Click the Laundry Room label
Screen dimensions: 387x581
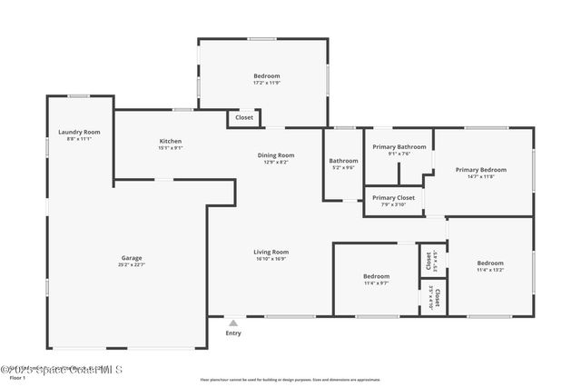coord(79,132)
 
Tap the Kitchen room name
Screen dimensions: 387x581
coord(171,141)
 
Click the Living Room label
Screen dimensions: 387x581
coord(271,252)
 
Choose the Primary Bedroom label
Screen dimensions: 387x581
coord(480,169)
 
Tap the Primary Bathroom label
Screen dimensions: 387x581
coord(399,146)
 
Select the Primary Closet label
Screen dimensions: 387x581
coord(393,197)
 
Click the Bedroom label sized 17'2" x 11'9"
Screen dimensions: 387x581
coord(266,75)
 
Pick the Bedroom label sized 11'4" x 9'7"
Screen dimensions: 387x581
coord(376,276)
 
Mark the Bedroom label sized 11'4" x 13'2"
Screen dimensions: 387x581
coord(490,263)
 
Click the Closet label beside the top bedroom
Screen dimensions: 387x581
coord(244,117)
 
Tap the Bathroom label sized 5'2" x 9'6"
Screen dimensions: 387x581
coord(343,161)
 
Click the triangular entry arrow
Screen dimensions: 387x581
coord(233,322)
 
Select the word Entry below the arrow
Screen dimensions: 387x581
coord(233,333)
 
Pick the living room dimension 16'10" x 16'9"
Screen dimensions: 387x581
coord(271,259)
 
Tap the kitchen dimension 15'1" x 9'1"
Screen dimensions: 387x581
coord(171,148)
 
